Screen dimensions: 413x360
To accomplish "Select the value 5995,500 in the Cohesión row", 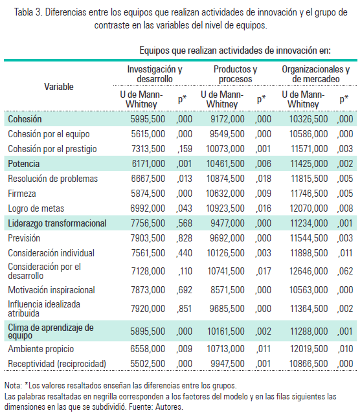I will [x=147, y=119].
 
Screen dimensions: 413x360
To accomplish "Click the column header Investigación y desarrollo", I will [x=154, y=73].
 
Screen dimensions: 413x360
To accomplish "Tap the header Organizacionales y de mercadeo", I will [x=316, y=73].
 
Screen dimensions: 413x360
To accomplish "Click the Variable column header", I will [x=59, y=86].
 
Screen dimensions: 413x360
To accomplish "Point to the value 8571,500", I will [x=227, y=289].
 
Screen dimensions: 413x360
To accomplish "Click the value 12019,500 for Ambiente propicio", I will [x=308, y=349].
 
